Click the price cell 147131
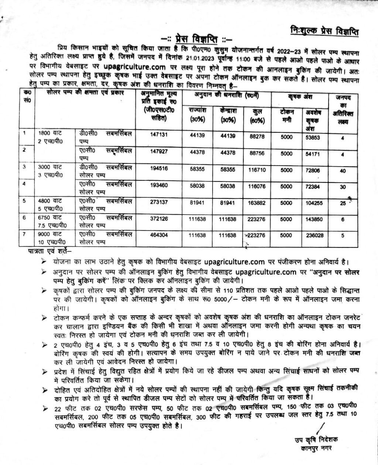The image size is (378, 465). coord(159,135)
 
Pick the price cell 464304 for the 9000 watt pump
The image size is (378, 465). coord(159,235)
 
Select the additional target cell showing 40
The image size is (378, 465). coord(343,171)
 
